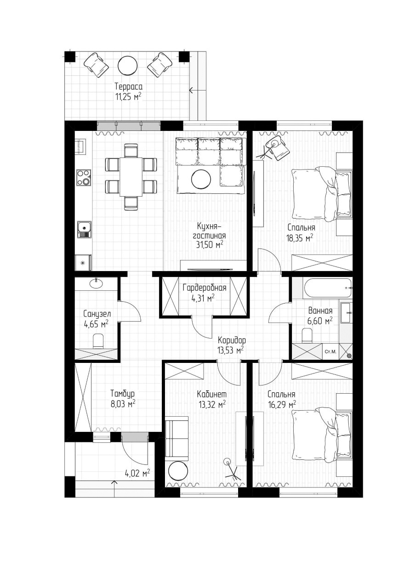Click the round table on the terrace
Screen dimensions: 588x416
tap(127, 65)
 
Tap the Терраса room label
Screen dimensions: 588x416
tap(128, 86)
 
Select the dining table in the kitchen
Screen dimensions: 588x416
tap(131, 177)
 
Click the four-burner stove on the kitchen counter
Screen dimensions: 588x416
tap(84, 177)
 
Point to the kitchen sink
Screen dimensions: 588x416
tap(84, 229)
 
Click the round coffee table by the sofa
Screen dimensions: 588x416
tap(201, 179)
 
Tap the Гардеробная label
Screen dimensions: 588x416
tap(204, 288)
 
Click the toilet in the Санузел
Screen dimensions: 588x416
tap(98, 341)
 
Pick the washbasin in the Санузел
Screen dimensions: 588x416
tap(97, 283)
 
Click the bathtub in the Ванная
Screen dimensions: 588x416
tap(327, 288)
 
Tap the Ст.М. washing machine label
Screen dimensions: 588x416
tap(330, 352)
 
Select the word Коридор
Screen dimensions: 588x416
tap(232, 340)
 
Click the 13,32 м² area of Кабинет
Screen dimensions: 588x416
tap(211, 404)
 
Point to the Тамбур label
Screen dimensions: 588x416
tap(122, 394)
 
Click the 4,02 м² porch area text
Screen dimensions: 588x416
tap(137, 473)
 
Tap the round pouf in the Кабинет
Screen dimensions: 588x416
tap(177, 471)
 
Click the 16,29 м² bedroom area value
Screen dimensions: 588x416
tap(282, 405)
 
